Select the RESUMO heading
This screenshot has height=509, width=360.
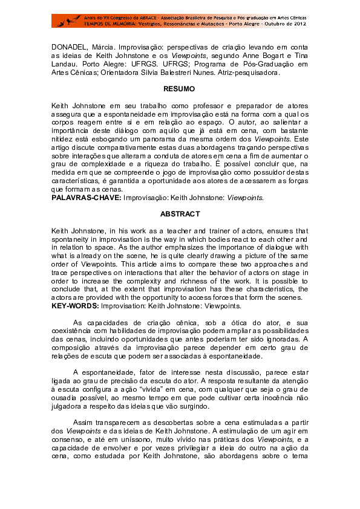pos(179,89)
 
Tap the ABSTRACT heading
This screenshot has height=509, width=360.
pos(179,215)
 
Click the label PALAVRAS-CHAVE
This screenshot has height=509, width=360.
pos(85,197)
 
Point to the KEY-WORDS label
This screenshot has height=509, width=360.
pos(77,306)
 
